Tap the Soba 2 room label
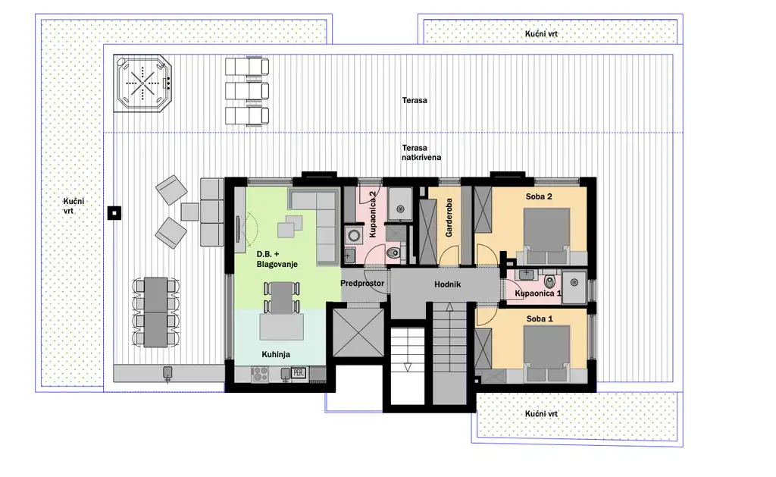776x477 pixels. [539, 196]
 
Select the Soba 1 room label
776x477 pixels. [539, 319]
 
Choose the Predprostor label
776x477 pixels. [363, 284]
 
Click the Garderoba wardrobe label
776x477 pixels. [449, 220]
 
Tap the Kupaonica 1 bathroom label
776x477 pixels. [538, 293]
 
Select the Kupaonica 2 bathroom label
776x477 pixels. [372, 215]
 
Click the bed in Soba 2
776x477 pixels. [547, 231]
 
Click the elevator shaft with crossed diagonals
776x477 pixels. [358, 331]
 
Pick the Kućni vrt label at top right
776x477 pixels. [541, 34]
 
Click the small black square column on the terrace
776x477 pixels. [113, 213]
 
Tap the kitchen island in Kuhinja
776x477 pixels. [280, 328]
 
